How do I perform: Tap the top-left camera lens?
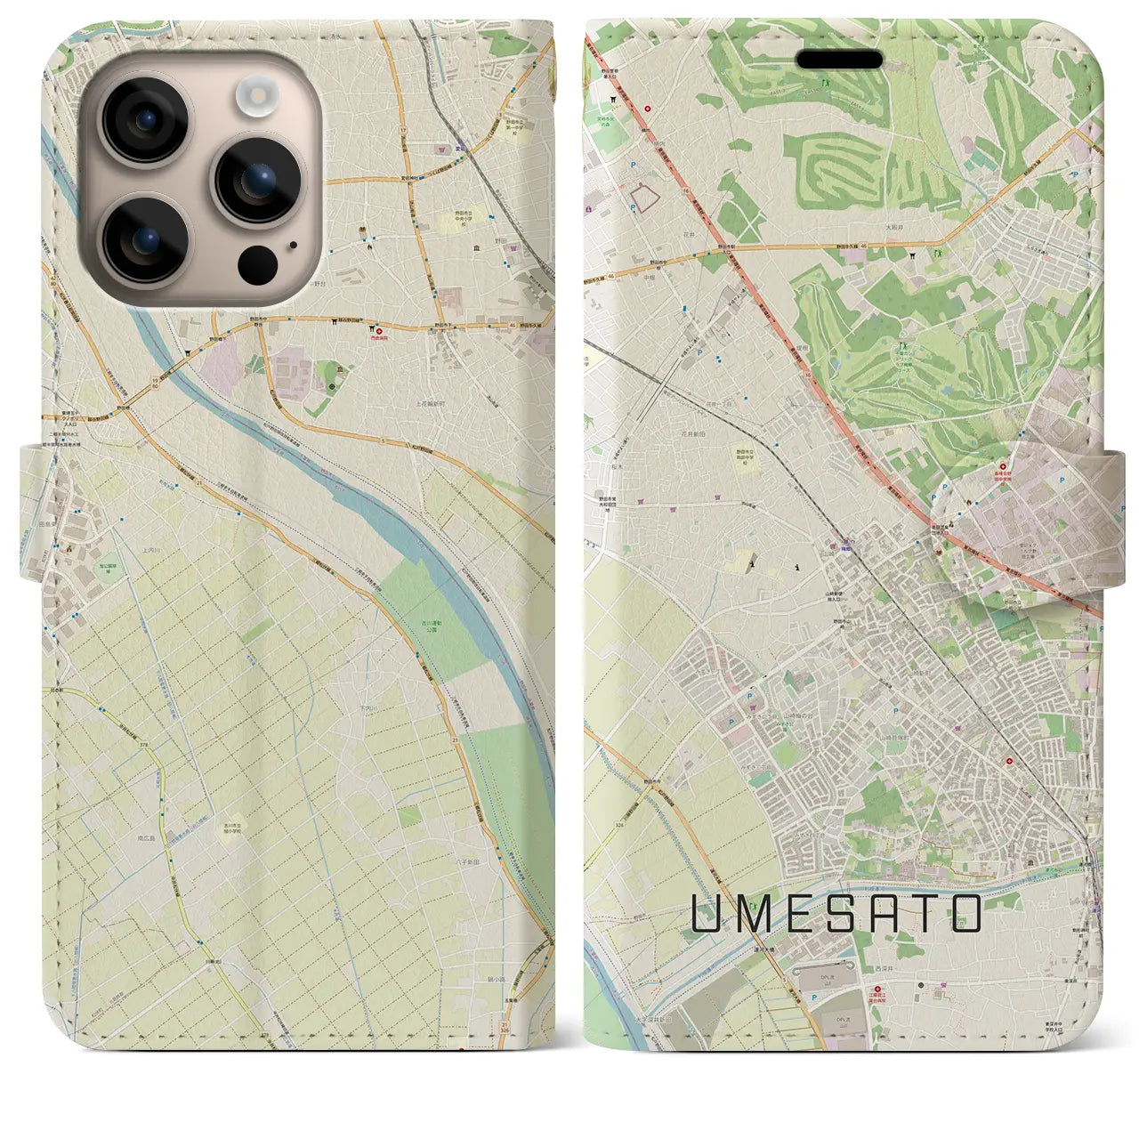145,121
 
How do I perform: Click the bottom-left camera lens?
145,238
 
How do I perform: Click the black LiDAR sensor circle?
256,263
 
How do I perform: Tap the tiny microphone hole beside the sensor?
293,245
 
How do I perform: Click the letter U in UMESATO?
707,913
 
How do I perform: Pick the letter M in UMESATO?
753,913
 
